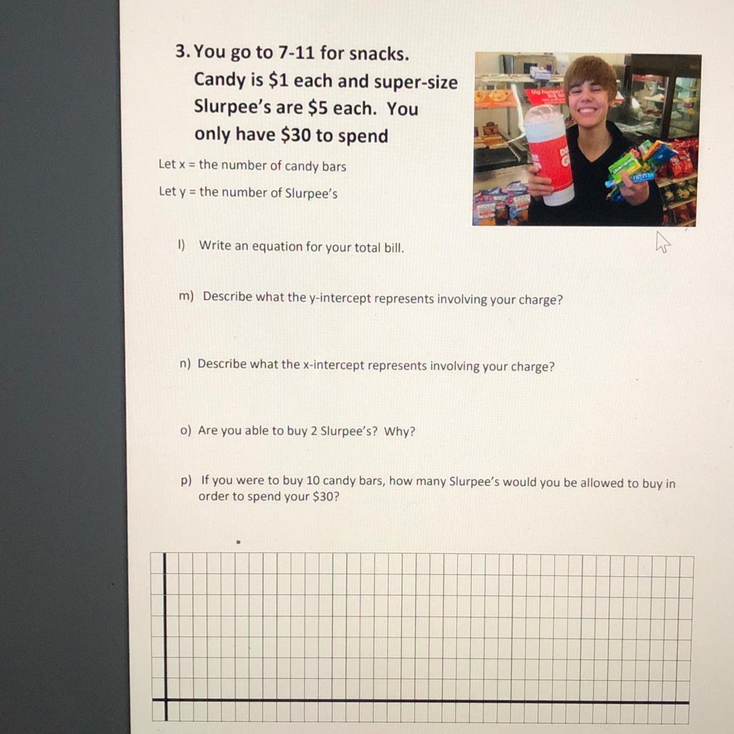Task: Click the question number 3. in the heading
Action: (x=183, y=51)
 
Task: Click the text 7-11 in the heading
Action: (x=296, y=52)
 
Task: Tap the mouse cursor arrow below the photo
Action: (x=662, y=242)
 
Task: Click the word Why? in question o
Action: (x=399, y=432)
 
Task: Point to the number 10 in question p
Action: (x=313, y=480)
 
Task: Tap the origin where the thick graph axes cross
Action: (x=166, y=699)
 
